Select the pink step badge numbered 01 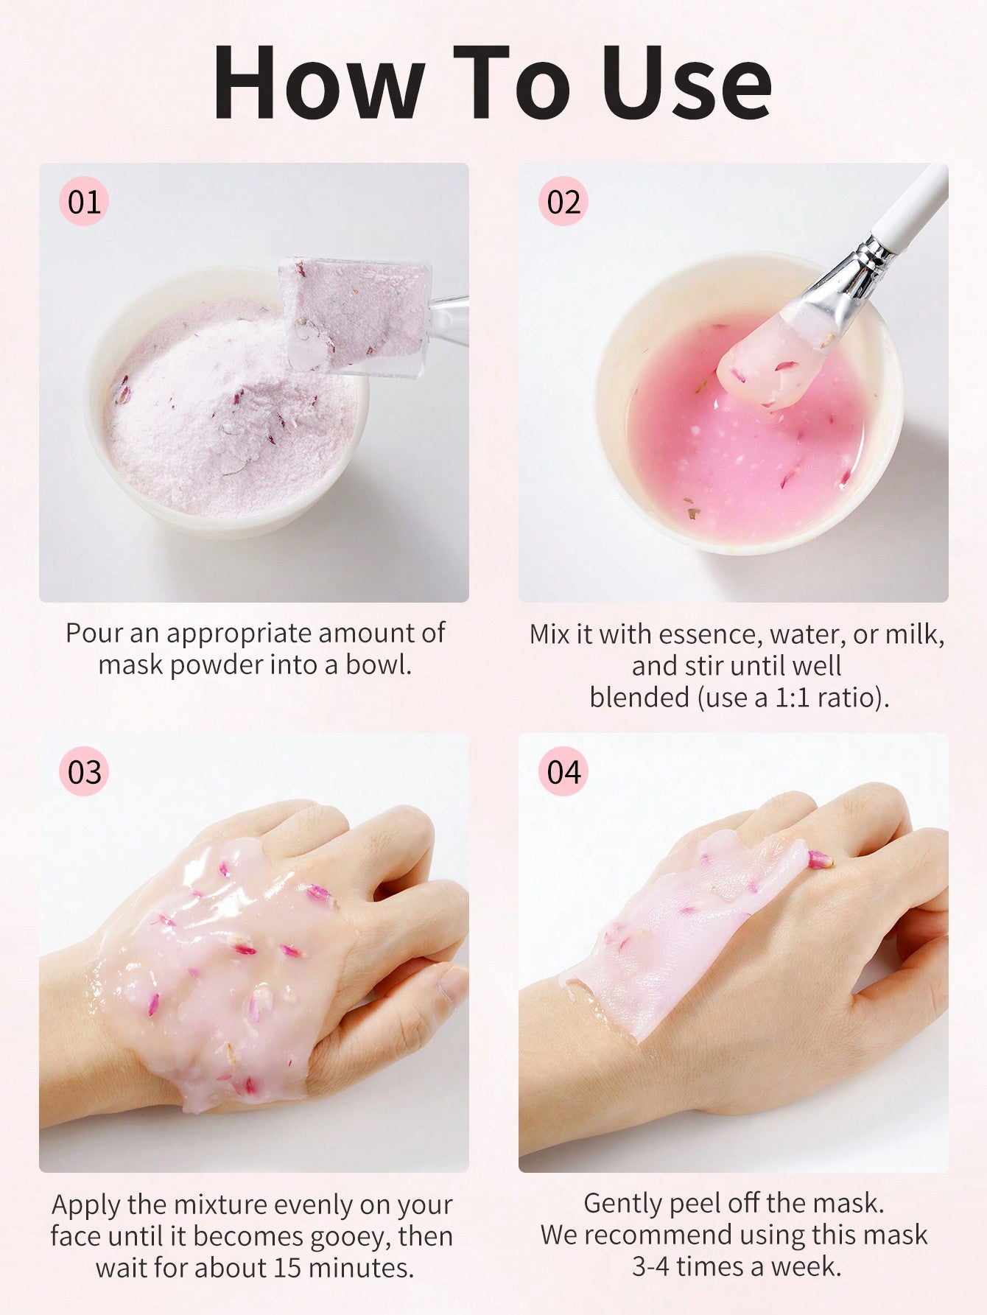(84, 201)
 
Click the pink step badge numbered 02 (563, 201)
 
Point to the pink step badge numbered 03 (84, 771)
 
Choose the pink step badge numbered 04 (563, 771)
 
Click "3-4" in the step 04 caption (651, 1266)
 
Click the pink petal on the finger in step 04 (820, 859)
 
